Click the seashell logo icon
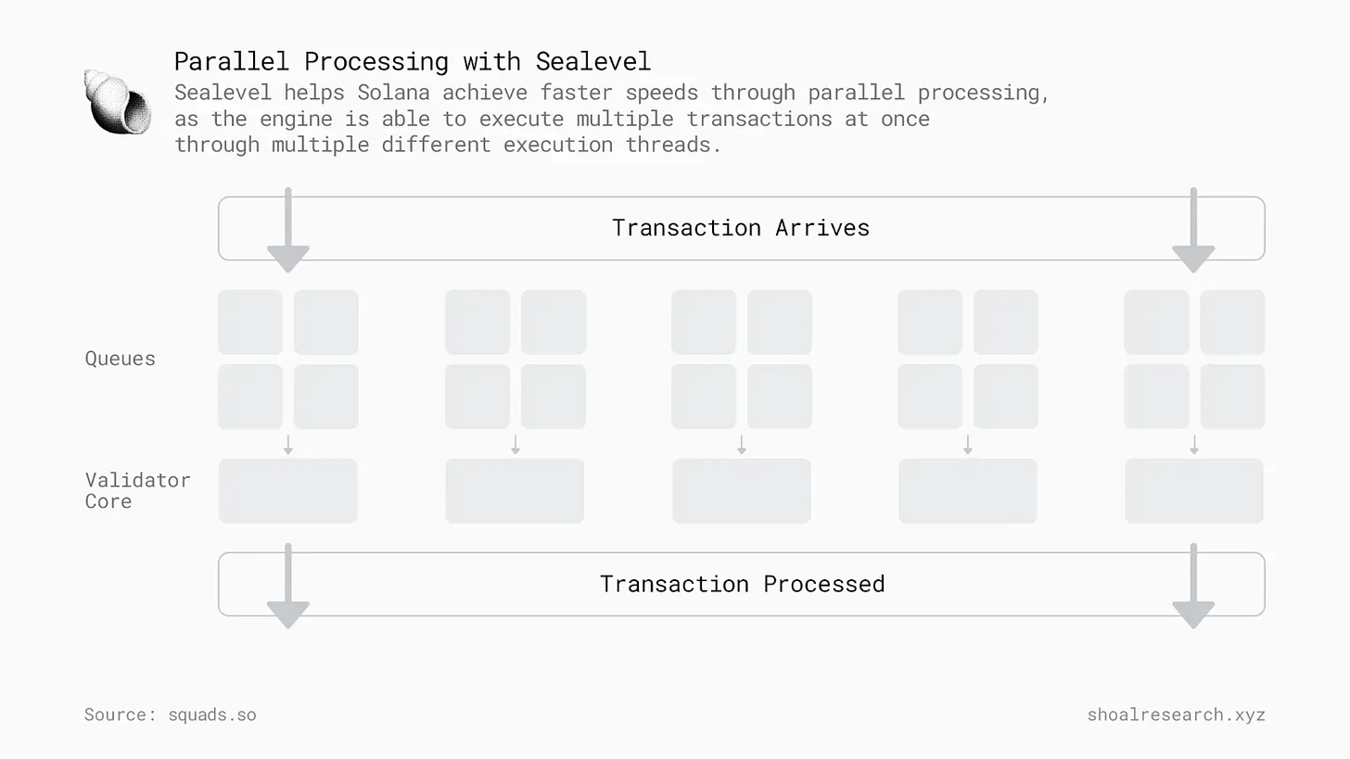tap(118, 102)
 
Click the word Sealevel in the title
tap(593, 61)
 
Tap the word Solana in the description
tap(393, 93)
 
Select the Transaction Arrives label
tap(741, 228)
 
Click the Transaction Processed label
tap(742, 584)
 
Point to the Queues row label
tap(120, 359)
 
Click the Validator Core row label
tap(137, 490)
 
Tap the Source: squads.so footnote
tap(170, 715)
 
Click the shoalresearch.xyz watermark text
tap(1176, 715)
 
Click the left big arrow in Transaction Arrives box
tap(288, 230)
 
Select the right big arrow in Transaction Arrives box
tap(1193, 230)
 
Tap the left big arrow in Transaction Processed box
tap(288, 586)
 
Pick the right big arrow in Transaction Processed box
tap(1193, 586)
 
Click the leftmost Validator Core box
tap(288, 491)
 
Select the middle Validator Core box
tap(742, 491)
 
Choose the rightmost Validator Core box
tap(1194, 491)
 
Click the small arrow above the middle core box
tap(742, 445)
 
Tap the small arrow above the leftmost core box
tap(288, 445)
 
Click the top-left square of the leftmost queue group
tap(250, 323)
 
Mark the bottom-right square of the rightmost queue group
tap(1232, 397)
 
